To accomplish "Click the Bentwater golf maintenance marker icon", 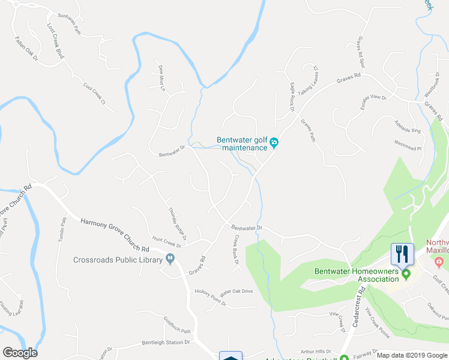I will coord(274,142).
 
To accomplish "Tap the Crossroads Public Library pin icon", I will coord(171,259).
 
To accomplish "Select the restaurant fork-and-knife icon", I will coord(400,253).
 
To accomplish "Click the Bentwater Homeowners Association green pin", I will coord(406,275).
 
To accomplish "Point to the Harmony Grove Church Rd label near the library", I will coord(114,235).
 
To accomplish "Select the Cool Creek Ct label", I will coord(98,95).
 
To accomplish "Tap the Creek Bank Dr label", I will coord(236,248).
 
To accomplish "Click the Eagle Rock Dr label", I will coord(293,96).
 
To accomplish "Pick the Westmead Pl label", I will coord(408,145).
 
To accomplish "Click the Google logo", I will coord(20,353).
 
